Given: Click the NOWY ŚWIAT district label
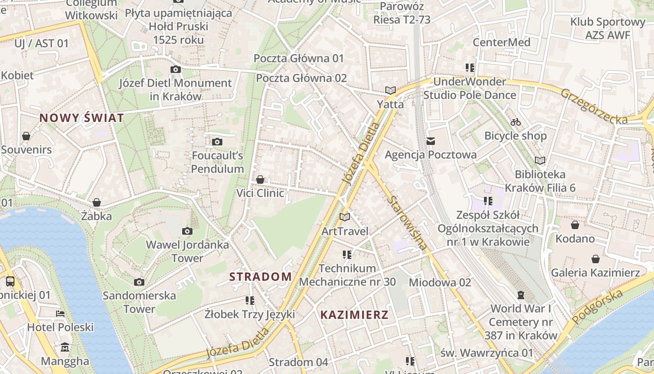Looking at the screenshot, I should click(82, 118).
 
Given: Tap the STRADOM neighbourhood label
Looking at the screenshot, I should click(261, 277).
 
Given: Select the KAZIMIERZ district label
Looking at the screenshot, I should click(355, 315).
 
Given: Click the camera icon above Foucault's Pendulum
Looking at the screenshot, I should click(217, 142).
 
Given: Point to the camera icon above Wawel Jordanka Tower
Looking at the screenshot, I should click(187, 231).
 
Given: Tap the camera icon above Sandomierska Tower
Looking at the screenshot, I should click(139, 282).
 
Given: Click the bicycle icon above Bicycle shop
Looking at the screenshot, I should click(516, 122).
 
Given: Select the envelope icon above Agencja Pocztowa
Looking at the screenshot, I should click(430, 141).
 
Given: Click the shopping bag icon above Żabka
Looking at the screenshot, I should click(97, 202).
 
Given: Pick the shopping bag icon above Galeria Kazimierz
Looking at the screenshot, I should click(596, 259).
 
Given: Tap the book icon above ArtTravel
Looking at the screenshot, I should click(345, 217).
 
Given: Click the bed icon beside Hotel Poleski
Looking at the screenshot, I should click(60, 313).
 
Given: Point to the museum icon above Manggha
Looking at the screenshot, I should click(65, 347).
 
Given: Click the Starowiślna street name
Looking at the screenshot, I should click(408, 223).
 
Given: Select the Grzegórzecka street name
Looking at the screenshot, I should click(594, 107).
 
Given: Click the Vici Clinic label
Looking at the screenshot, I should click(260, 193).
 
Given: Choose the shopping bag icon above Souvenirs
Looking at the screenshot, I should click(26, 136).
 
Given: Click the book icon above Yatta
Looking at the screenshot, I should click(391, 90).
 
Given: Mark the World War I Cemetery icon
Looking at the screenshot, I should click(521, 295).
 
